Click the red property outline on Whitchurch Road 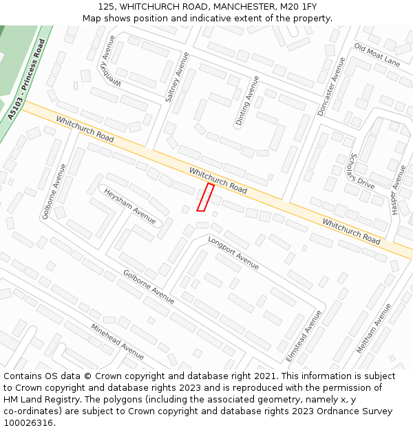pyautogui.click(x=205, y=197)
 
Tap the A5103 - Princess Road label pyautogui.click(x=27, y=80)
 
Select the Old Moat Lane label pyautogui.click(x=377, y=54)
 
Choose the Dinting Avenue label pyautogui.click(x=247, y=100)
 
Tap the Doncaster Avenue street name pyautogui.click(x=331, y=87)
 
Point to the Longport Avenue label pyautogui.click(x=233, y=252)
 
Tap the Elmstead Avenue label pyautogui.click(x=304, y=336)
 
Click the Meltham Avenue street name pyautogui.click(x=374, y=328)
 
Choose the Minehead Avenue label pyautogui.click(x=117, y=341)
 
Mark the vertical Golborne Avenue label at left pyautogui.click(x=54, y=191)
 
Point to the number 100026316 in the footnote pyautogui.click(x=28, y=423)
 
